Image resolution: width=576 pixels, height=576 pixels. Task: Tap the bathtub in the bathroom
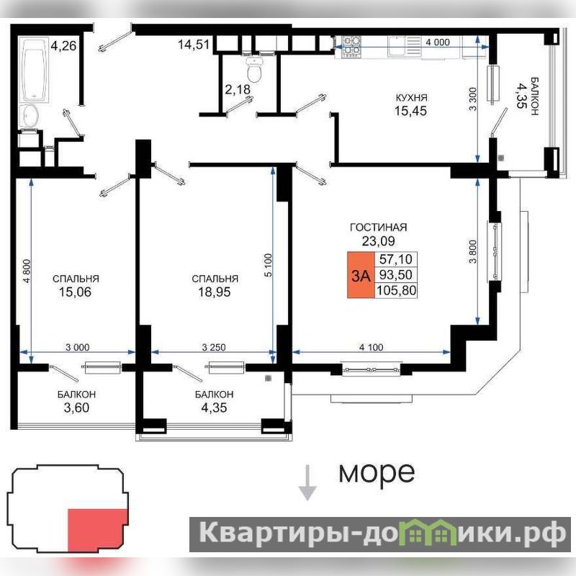point(35,69)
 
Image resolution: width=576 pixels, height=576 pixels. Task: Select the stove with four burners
point(351,47)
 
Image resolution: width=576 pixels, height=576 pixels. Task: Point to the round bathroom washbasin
point(29,116)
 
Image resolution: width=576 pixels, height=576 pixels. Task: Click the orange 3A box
point(361,275)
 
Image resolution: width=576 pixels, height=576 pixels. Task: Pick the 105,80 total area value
point(396,290)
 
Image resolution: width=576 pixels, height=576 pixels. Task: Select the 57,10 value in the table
point(395,259)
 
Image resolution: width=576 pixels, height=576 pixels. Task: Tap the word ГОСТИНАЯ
point(379,227)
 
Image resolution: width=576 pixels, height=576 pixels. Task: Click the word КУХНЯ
point(411,98)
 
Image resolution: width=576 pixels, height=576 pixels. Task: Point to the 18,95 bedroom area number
point(215,292)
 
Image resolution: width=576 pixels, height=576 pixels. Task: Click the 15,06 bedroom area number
point(76,292)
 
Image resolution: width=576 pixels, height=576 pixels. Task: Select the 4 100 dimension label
point(371,347)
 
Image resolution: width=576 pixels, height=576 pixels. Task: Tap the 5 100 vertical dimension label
point(268,265)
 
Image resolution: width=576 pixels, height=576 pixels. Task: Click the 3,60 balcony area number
point(76,408)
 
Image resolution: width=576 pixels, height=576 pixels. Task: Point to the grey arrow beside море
point(307,482)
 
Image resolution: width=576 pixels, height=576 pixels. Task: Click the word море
point(377,472)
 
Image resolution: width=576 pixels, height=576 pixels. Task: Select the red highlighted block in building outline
point(97,530)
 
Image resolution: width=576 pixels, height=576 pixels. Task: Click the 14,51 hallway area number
point(194,45)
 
